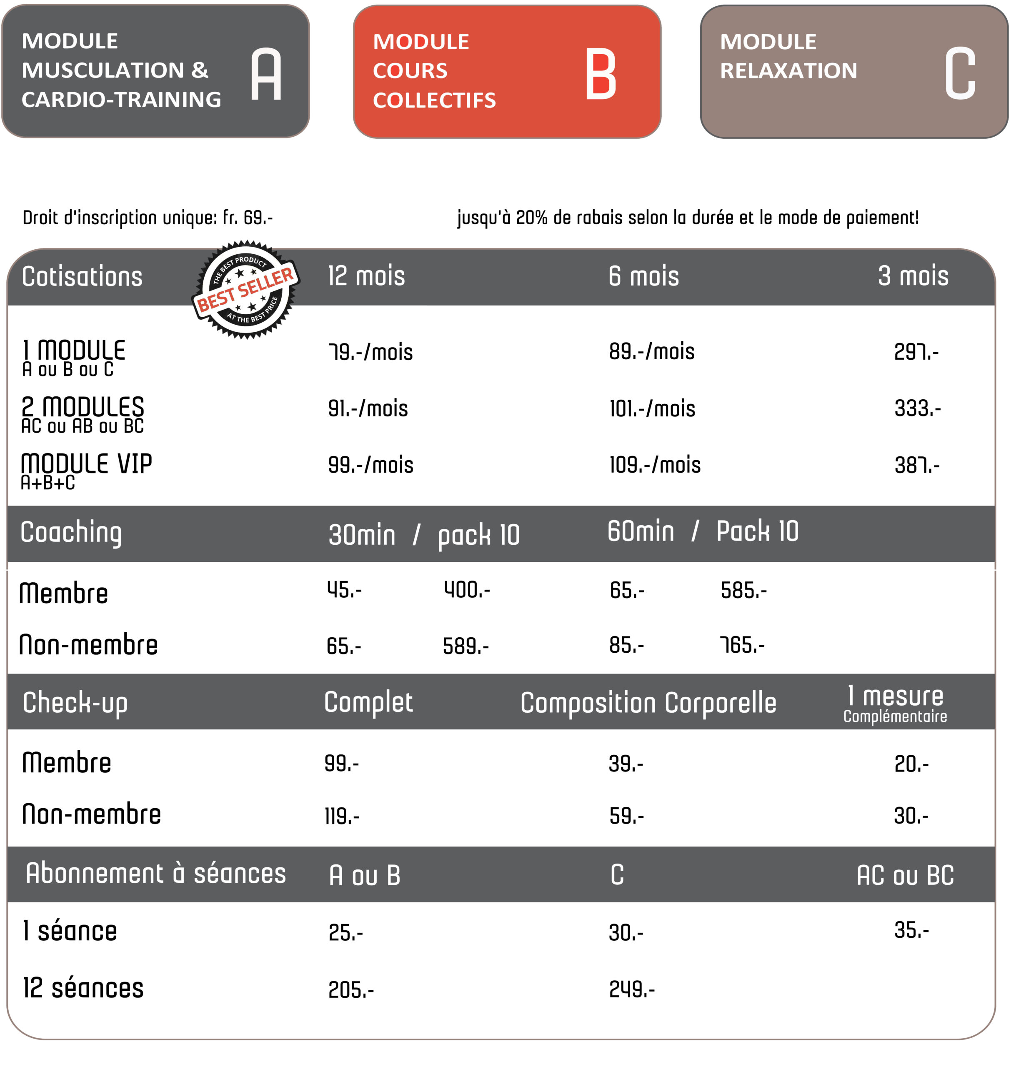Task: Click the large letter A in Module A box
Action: [x=266, y=74]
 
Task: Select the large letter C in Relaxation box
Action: [x=960, y=74]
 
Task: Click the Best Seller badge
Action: [x=246, y=290]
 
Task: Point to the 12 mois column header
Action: [x=366, y=276]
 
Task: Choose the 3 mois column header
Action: [x=913, y=276]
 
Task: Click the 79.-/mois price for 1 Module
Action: [x=370, y=353]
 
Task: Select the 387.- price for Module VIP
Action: [x=917, y=465]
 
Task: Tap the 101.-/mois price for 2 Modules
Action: [x=652, y=409]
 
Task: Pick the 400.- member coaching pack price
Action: [x=467, y=590]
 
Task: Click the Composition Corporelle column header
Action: [x=648, y=703]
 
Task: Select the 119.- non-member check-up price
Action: [x=342, y=816]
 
